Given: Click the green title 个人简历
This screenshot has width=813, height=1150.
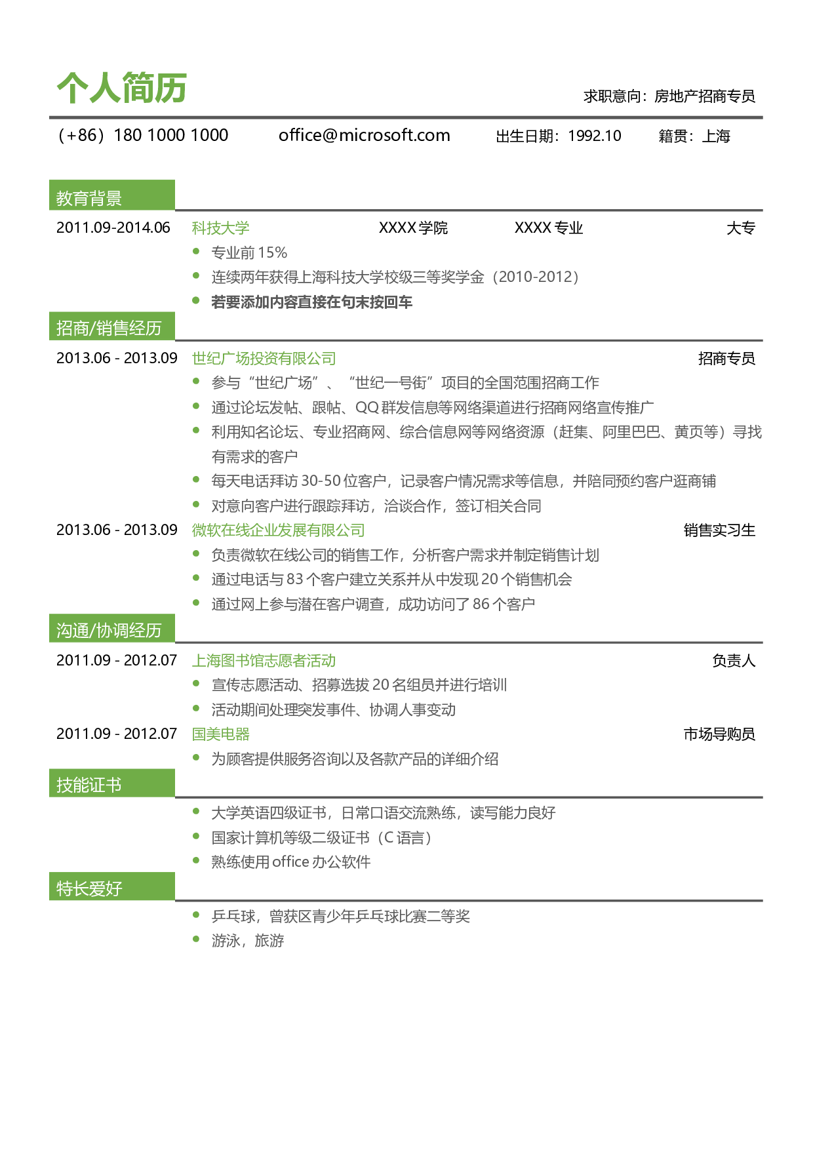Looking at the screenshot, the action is (122, 88).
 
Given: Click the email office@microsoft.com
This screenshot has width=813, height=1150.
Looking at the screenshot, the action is (365, 135).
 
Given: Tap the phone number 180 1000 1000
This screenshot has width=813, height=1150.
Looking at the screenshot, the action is (171, 135).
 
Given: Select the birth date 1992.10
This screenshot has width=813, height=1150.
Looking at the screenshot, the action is (595, 136).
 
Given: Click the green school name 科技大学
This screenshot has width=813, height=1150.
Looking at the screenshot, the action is (220, 228).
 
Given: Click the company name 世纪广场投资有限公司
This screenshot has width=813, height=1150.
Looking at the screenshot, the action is (264, 358).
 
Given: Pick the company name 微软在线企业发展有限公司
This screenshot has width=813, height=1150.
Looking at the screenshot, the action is (278, 530).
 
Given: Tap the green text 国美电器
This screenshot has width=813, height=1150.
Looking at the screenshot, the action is (220, 734).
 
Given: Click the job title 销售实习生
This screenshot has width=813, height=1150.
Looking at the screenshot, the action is (719, 530).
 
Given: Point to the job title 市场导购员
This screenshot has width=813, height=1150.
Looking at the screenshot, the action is (719, 734).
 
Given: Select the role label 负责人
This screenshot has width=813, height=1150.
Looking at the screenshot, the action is (734, 660).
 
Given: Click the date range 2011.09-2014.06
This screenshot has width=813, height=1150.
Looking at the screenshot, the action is (113, 228).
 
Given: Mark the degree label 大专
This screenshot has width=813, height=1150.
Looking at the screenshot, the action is (741, 228).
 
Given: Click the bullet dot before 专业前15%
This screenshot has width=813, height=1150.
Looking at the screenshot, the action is (196, 251).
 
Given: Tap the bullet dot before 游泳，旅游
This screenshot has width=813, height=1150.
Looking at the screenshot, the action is (196, 939).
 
